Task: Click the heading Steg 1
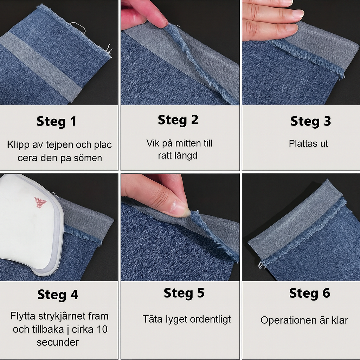tap(57, 121)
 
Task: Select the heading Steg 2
tap(178, 120)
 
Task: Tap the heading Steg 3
tap(311, 121)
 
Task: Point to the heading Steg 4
tap(58, 295)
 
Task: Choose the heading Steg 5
tap(184, 293)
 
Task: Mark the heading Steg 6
tap(310, 293)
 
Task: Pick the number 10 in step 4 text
tap(102, 329)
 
